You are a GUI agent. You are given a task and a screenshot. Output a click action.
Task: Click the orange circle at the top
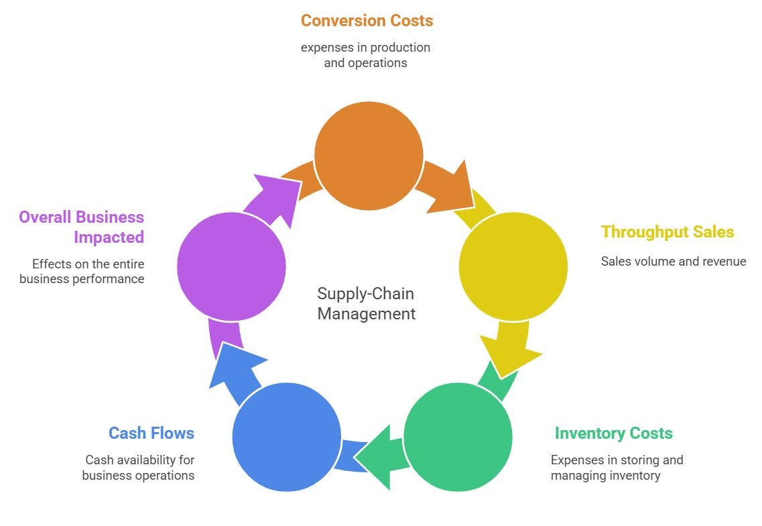pyautogui.click(x=369, y=156)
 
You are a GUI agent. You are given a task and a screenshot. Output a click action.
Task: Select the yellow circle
pyautogui.click(x=513, y=266)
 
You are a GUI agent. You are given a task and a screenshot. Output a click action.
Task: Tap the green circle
pyautogui.click(x=458, y=437)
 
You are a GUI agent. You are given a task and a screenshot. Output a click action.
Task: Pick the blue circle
pyautogui.click(x=286, y=437)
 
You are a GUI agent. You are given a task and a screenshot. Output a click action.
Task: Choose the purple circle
pyautogui.click(x=231, y=266)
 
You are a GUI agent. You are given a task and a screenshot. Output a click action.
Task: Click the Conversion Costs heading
pyautogui.click(x=367, y=21)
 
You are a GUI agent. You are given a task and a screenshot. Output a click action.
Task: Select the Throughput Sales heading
pyautogui.click(x=668, y=232)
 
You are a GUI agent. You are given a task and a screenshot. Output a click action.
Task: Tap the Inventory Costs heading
pyautogui.click(x=613, y=433)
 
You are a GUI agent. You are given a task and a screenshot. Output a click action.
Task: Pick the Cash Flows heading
pyautogui.click(x=151, y=433)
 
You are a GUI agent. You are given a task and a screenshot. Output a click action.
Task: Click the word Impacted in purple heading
pyautogui.click(x=109, y=238)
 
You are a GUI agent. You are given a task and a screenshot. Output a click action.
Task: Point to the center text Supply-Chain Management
pyautogui.click(x=366, y=303)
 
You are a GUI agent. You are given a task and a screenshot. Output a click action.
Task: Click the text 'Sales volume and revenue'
pyautogui.click(x=673, y=262)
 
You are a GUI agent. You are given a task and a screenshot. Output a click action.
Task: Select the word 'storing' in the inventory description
pyautogui.click(x=639, y=460)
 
